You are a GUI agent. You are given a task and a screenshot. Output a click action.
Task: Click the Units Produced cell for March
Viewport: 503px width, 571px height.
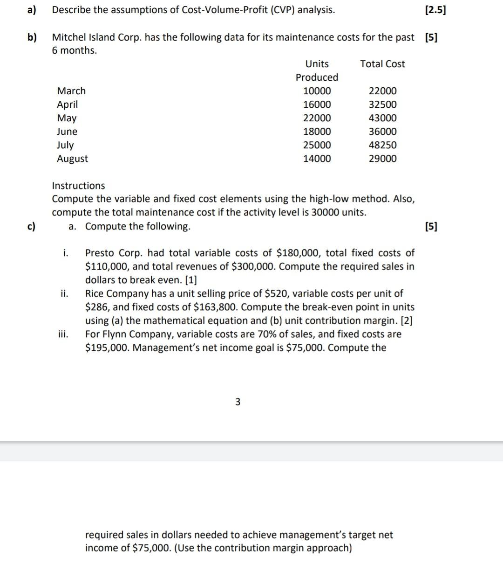[x=317, y=91]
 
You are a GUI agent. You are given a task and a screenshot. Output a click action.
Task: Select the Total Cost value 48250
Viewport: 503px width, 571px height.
[x=382, y=145]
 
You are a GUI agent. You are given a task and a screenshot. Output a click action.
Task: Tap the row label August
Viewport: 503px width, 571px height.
[x=72, y=159]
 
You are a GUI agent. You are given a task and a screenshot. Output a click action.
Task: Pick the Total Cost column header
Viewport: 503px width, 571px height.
[x=382, y=64]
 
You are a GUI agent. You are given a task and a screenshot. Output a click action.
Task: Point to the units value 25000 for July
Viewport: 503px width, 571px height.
[x=317, y=145]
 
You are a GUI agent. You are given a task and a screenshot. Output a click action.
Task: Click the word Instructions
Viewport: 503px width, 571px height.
[x=78, y=186]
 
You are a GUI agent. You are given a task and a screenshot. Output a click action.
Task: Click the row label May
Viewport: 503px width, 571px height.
[x=67, y=118]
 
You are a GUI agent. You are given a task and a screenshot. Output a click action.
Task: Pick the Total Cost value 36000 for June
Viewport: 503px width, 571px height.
[x=382, y=132]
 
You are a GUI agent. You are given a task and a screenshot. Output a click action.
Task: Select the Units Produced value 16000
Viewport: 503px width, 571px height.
[x=317, y=104]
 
